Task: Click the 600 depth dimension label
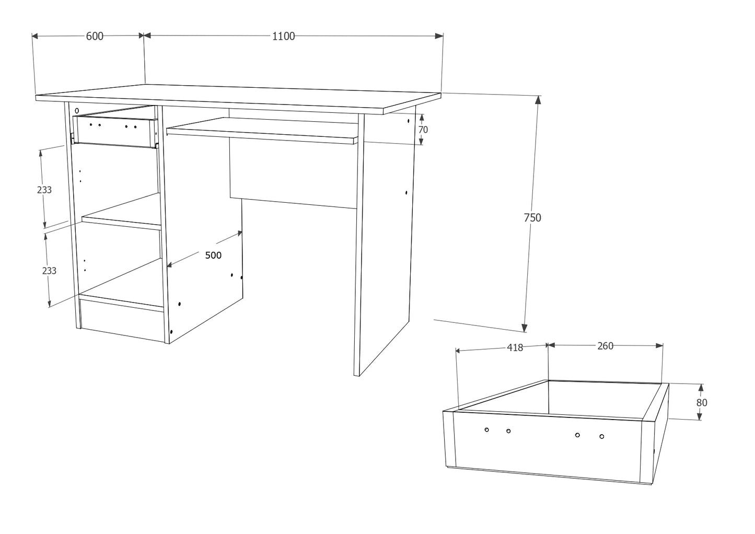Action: [x=95, y=36]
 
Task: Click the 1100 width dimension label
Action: [x=283, y=36]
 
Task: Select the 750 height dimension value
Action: [x=532, y=218]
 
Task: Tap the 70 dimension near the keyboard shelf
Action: [x=423, y=130]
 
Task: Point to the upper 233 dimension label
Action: [x=44, y=190]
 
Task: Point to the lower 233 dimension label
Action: [x=49, y=271]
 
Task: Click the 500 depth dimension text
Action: [x=213, y=255]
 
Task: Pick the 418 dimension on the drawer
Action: [x=515, y=347]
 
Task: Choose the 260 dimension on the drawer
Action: [x=605, y=346]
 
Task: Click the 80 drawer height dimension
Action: [x=702, y=402]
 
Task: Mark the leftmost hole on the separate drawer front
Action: [x=486, y=429]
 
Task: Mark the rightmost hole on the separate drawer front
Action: [x=601, y=436]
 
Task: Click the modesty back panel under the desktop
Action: [x=293, y=172]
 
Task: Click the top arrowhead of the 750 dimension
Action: [x=539, y=99]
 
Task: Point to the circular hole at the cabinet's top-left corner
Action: [x=77, y=111]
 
